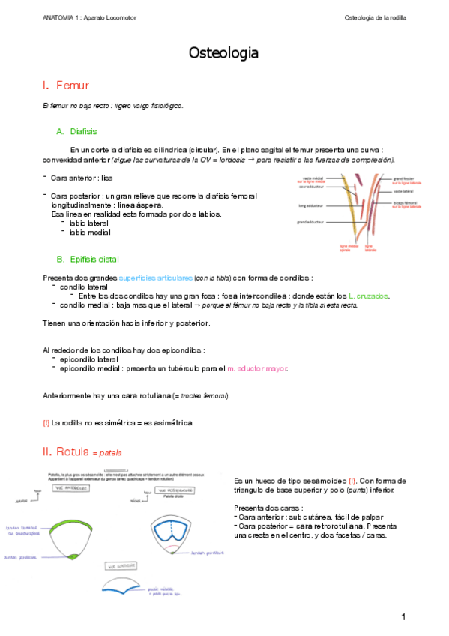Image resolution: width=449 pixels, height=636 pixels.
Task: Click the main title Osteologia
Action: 224,53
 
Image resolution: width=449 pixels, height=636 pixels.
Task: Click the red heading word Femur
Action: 72,86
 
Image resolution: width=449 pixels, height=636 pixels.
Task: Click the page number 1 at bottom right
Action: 403,616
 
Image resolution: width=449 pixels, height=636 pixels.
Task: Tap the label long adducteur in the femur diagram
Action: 310,205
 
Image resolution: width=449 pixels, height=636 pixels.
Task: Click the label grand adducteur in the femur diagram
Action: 310,222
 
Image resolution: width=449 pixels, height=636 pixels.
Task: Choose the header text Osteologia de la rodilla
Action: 375,16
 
